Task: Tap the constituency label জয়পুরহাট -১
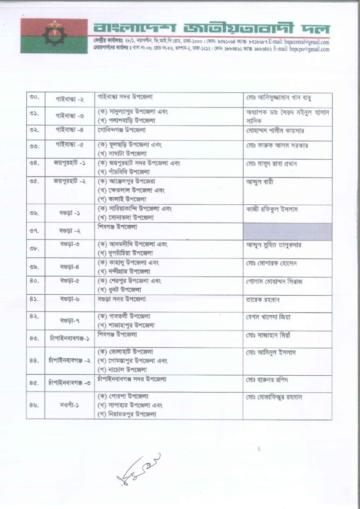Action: pyautogui.click(x=70, y=163)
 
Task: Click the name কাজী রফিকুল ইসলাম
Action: pyautogui.click(x=272, y=209)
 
